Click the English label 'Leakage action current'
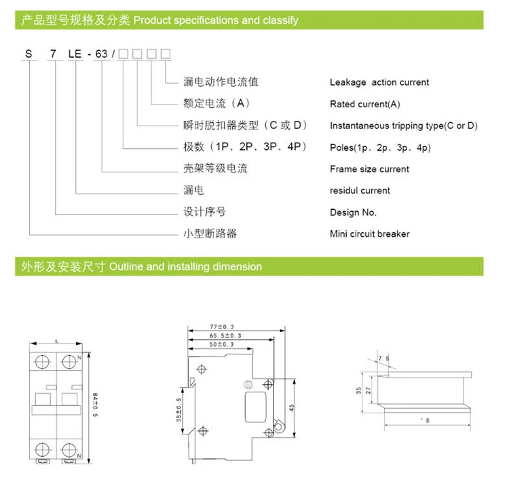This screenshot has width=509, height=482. [x=379, y=82]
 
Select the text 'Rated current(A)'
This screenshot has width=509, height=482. [x=364, y=104]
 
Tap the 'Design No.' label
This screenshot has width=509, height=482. [x=353, y=212]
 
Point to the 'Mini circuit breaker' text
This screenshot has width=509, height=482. [x=369, y=234]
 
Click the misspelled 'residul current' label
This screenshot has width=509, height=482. [x=360, y=191]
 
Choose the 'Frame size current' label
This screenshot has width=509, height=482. [x=369, y=169]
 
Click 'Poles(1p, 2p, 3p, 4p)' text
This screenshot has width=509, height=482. [x=380, y=147]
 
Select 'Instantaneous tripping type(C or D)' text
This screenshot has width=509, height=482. [x=403, y=126]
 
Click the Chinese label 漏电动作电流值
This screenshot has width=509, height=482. [x=221, y=82]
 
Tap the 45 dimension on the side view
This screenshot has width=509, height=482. [x=291, y=407]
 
